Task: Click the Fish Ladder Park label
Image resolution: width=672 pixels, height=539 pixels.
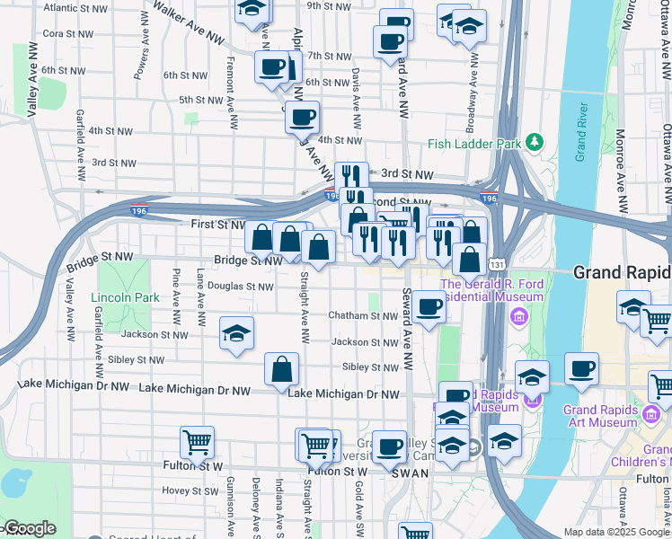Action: click(474, 143)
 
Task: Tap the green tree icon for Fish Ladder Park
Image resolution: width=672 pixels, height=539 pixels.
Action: click(535, 142)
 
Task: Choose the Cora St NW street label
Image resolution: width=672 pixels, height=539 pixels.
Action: click(64, 33)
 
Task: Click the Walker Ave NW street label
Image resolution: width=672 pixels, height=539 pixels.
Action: click(188, 22)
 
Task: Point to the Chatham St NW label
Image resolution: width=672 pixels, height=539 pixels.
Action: click(362, 316)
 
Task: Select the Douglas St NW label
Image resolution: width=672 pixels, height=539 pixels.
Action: click(241, 287)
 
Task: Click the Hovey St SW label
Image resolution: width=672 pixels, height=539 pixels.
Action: click(186, 490)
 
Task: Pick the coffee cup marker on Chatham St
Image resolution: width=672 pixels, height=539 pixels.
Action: click(429, 308)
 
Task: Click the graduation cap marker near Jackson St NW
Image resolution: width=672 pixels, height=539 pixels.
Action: click(237, 332)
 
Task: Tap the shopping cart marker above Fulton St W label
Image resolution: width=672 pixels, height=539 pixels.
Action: click(197, 441)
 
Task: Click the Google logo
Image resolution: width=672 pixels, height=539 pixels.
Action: click(29, 529)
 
